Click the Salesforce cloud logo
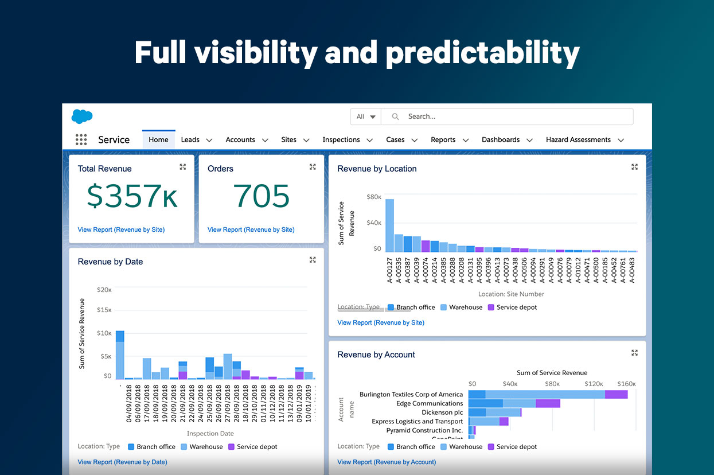(x=82, y=116)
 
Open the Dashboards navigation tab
(x=500, y=139)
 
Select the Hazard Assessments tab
(x=578, y=139)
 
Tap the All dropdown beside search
(x=366, y=116)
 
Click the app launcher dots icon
(x=81, y=139)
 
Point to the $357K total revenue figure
(x=132, y=196)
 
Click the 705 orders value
(x=262, y=196)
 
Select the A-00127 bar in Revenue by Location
(x=389, y=225)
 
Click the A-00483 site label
(x=632, y=269)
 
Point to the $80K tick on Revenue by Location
(x=373, y=197)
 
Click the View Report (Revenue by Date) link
(x=122, y=462)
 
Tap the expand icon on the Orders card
(x=313, y=167)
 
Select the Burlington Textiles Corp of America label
(x=411, y=394)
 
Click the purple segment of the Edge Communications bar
(x=548, y=403)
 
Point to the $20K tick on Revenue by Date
(x=104, y=290)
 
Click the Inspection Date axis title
(x=210, y=434)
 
